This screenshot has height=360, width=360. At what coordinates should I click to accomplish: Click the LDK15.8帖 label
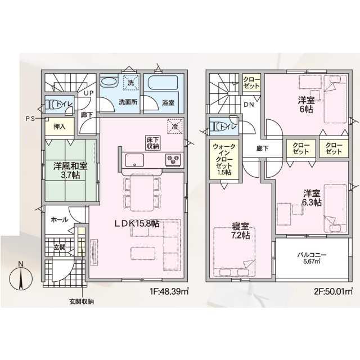[x=137, y=223]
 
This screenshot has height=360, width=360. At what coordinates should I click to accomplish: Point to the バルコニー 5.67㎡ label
[x=312, y=258]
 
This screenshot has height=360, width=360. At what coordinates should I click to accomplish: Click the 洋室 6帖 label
[x=307, y=105]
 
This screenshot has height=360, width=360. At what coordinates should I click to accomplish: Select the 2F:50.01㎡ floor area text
[x=332, y=291]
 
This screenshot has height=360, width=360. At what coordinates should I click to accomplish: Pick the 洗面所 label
[x=128, y=102]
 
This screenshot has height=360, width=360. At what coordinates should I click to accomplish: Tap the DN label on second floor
[x=249, y=105]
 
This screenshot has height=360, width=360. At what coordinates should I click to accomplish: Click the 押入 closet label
[x=60, y=127]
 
